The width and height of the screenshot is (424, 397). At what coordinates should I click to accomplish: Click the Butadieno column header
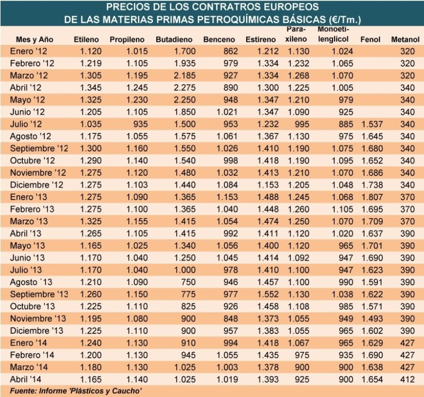tap(173, 40)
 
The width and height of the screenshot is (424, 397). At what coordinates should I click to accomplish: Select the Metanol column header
tap(405, 40)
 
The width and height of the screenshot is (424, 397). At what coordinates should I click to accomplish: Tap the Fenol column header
tap(370, 40)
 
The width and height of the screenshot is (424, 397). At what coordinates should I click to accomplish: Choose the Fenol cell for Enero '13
tap(371, 197)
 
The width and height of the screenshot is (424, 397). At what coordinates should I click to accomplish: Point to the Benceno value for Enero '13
tap(225, 197)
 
